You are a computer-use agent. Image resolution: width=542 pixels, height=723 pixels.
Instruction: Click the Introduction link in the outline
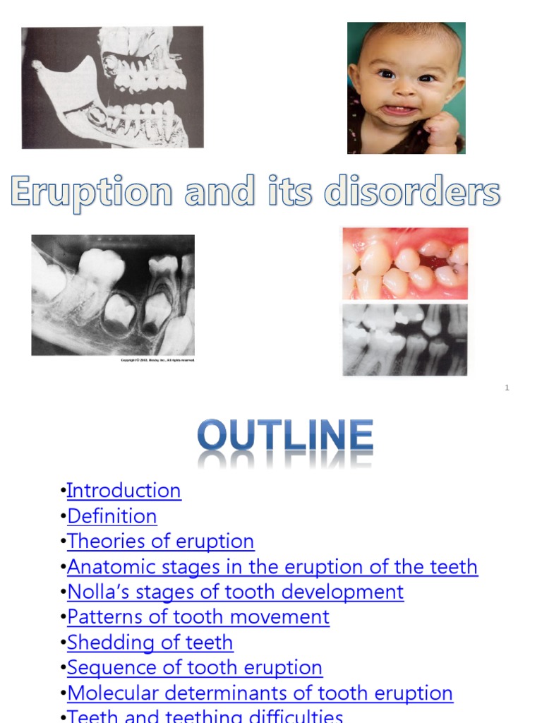[124, 491]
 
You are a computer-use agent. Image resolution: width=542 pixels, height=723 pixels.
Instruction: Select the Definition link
[112, 516]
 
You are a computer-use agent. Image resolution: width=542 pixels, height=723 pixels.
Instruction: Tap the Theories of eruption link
[161, 542]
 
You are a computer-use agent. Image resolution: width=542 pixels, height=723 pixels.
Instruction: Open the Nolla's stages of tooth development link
[236, 592]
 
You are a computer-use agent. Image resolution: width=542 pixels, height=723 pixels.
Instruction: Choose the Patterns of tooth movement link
[198, 617]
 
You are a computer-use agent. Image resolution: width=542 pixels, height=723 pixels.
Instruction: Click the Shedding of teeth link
[150, 643]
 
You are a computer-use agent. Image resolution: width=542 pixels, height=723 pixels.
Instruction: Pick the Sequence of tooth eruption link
[195, 667]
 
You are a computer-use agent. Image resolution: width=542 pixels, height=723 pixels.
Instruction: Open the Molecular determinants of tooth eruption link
[260, 693]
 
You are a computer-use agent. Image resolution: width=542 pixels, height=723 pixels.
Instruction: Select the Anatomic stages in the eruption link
[272, 567]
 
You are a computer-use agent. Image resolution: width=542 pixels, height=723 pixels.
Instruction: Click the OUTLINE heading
[285, 438]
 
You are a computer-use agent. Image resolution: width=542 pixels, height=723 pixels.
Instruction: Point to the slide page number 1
[507, 388]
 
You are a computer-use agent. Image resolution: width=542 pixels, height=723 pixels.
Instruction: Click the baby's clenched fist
[442, 130]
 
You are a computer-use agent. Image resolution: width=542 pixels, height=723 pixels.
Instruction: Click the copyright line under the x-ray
[156, 360]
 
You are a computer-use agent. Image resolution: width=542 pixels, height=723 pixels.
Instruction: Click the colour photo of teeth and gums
[404, 263]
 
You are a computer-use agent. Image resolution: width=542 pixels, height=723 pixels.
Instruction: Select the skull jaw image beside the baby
[113, 88]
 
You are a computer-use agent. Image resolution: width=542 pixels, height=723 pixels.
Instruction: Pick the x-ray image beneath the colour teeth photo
[404, 340]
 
